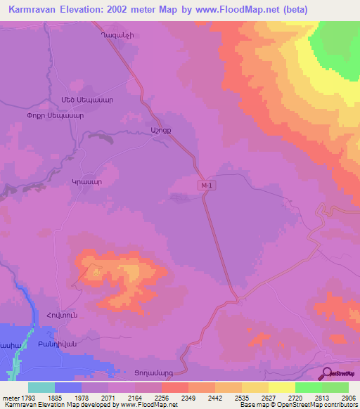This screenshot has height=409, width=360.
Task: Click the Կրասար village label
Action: coord(87,181)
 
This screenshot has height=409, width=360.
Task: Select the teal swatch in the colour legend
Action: coord(41,387)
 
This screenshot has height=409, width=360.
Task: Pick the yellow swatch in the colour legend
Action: coord(281,387)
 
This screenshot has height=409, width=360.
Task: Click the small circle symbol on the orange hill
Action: coord(96,271)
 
